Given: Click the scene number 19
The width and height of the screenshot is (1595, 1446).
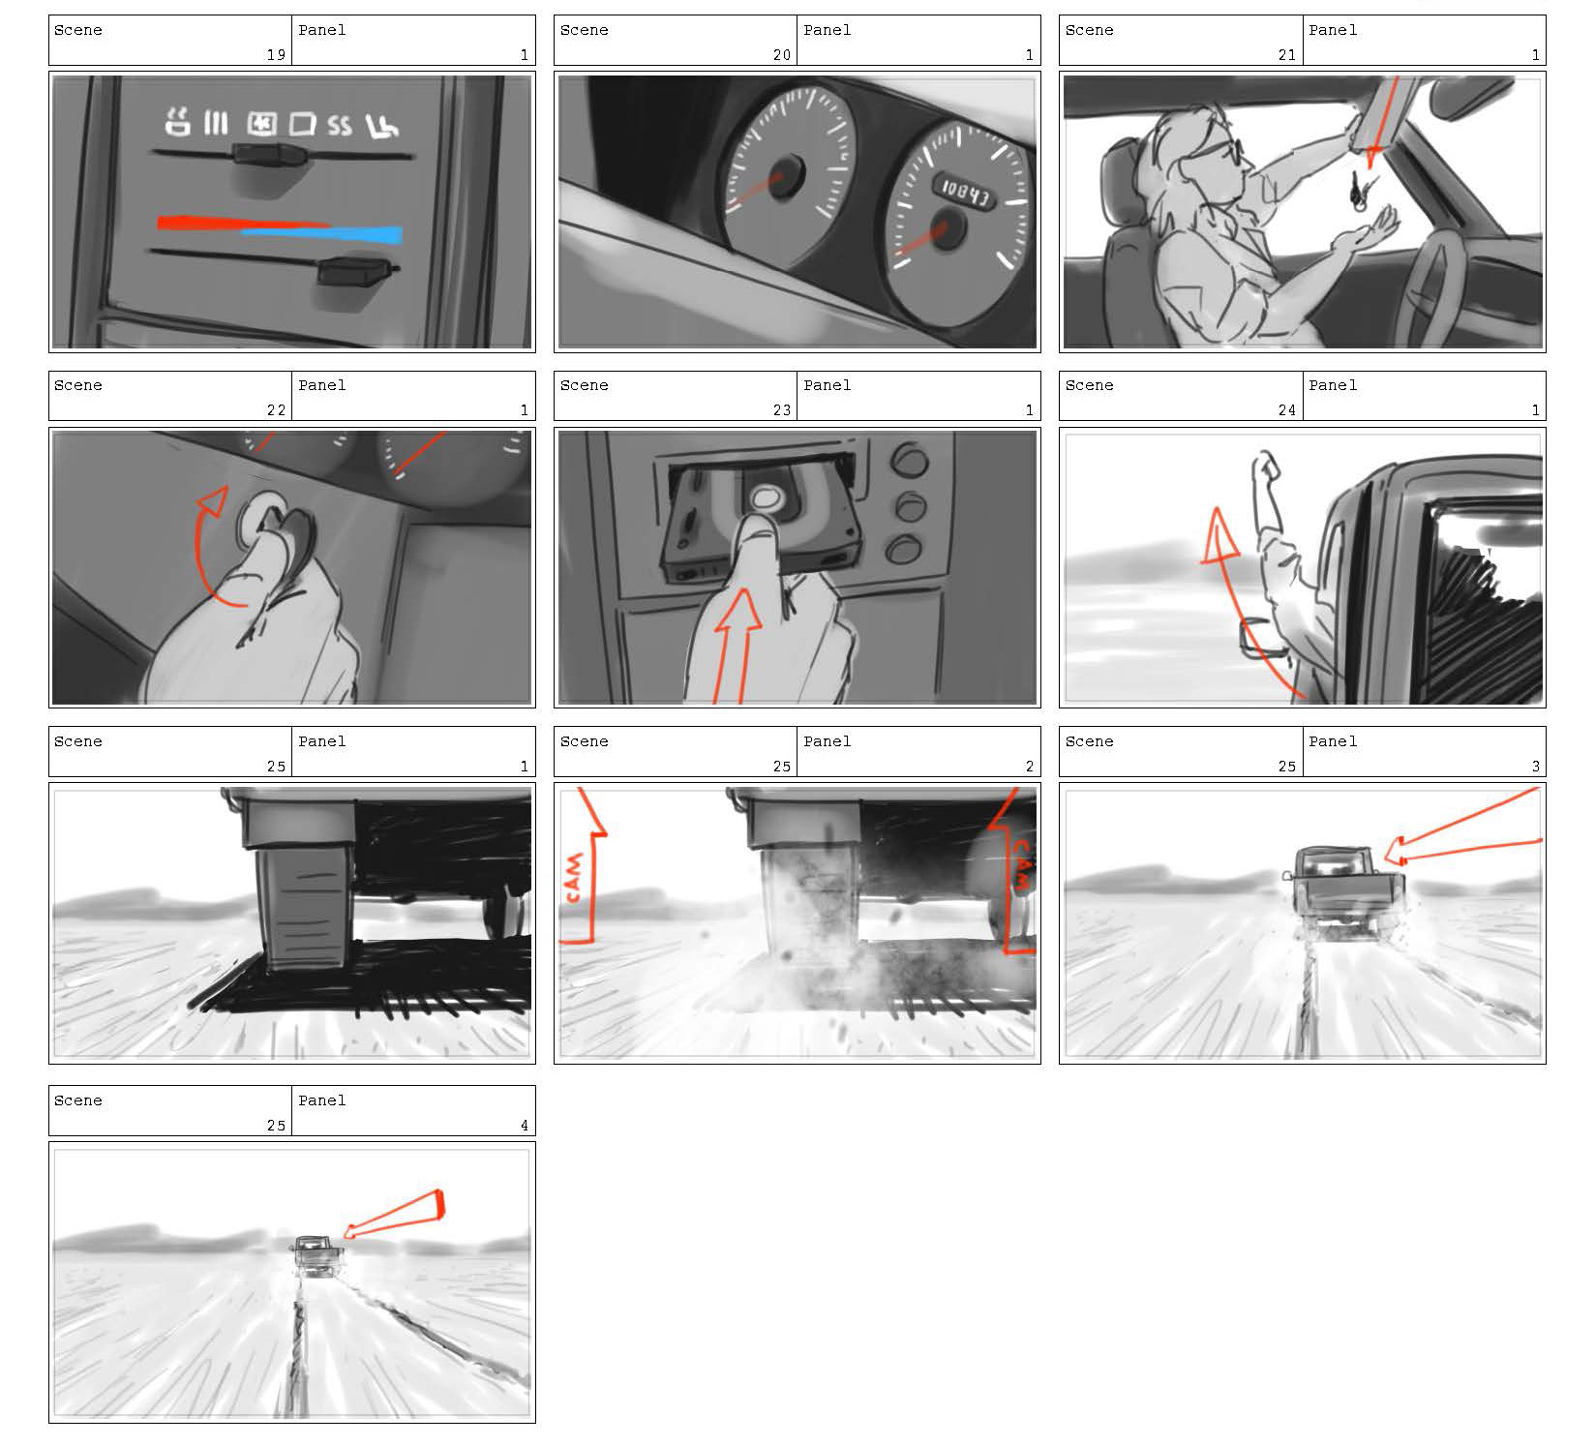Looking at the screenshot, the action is click(277, 55).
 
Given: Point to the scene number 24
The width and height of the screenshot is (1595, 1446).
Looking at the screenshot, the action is click(1286, 410).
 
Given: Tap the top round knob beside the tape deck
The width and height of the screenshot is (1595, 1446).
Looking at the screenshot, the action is click(909, 461).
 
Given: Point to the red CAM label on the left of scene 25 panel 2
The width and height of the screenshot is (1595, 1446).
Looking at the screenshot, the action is click(574, 877).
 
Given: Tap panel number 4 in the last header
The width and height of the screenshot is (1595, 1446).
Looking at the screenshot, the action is click(525, 1126).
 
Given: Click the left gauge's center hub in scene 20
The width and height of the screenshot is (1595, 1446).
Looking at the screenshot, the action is click(784, 175).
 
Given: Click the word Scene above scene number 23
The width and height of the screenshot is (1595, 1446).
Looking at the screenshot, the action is click(585, 385).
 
